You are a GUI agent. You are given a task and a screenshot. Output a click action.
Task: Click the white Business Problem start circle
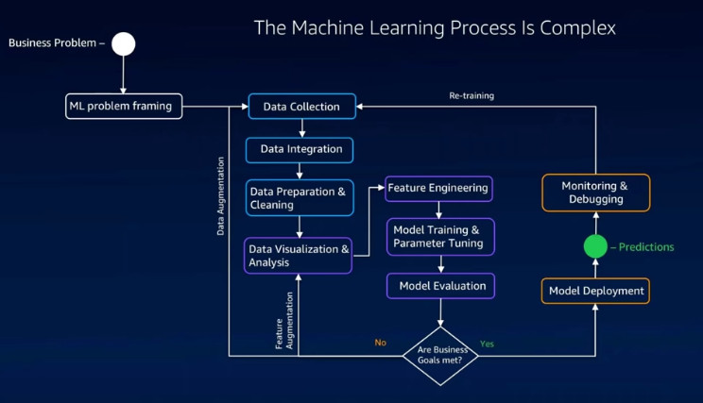coord(123,43)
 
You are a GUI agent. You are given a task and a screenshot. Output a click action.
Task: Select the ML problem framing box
coord(124,106)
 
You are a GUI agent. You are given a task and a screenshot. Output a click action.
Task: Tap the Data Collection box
coord(301,106)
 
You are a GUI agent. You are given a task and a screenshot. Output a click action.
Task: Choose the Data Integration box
coord(299,150)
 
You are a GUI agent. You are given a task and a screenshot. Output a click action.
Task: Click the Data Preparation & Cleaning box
coord(300,197)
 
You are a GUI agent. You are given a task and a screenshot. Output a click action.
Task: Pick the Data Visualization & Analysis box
coord(299,255)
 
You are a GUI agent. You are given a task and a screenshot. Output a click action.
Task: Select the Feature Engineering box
coord(438,189)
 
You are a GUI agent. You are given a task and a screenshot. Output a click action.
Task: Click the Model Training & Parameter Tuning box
coord(440,237)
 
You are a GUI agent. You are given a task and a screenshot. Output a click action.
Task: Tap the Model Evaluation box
coord(440,286)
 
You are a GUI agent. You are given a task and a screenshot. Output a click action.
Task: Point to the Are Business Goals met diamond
coord(440,356)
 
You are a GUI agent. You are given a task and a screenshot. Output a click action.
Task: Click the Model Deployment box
coord(595,291)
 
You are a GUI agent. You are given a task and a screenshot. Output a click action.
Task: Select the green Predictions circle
coord(595,246)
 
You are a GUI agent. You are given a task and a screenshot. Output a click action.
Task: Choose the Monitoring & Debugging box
coord(596,193)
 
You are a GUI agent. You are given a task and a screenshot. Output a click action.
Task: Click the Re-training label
coord(472,95)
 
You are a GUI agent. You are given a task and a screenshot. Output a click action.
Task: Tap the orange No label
coord(380,343)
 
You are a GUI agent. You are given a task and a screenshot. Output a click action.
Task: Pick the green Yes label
coord(487,344)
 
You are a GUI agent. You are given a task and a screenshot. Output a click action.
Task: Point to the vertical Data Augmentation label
coord(220,196)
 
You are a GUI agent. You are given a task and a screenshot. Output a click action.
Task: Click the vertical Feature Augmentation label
coord(284,321)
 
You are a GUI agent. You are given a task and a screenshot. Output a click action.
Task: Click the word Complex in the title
coord(577,28)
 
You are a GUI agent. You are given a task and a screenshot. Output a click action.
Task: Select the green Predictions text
coord(646,246)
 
